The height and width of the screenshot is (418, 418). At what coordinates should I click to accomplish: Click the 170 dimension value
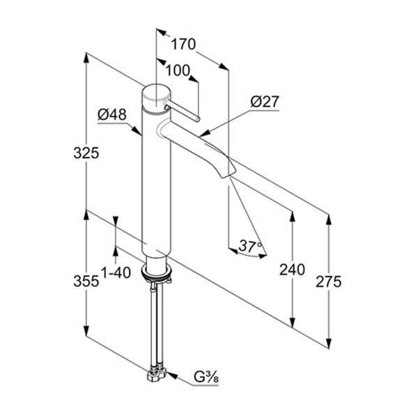pos(183,45)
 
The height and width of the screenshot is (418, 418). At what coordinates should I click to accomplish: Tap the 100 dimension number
pos(178,70)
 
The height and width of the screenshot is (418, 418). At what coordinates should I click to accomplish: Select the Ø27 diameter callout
pos(265,102)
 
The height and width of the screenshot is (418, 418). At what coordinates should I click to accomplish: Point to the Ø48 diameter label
pos(112,115)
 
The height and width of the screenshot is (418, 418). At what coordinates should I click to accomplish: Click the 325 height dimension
pos(86,153)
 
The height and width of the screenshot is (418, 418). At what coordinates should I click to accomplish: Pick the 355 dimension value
pos(86,281)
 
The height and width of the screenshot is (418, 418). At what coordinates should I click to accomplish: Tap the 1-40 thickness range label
pos(116,272)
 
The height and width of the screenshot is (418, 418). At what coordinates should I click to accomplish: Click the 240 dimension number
pos(292,270)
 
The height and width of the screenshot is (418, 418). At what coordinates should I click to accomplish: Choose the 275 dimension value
pos(328,281)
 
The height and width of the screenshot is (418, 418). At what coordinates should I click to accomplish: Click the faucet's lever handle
pos(183,111)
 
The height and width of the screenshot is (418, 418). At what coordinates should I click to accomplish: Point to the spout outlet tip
pos(229,175)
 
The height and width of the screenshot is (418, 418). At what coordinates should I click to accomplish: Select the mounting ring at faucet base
pos(157,272)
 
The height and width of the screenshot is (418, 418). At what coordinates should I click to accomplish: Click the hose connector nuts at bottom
pos(157,373)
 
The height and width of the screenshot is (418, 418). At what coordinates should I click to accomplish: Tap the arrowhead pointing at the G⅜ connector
pos(173,376)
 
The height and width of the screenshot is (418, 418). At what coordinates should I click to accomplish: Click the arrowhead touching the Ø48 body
pos(137,130)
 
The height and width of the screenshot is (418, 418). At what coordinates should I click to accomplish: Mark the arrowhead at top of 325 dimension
pos(86,58)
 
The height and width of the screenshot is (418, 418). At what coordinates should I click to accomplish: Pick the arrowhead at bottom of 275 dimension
pos(329,343)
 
